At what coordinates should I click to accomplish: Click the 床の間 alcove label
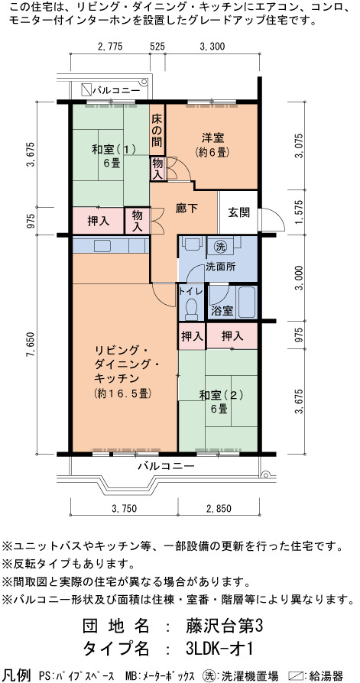(157, 129)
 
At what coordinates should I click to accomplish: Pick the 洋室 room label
(213, 138)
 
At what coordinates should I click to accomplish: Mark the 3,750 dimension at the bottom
(125, 508)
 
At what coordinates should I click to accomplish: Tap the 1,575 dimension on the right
(299, 212)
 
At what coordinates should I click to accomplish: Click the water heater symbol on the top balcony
(86, 89)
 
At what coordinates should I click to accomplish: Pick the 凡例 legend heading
(17, 675)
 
